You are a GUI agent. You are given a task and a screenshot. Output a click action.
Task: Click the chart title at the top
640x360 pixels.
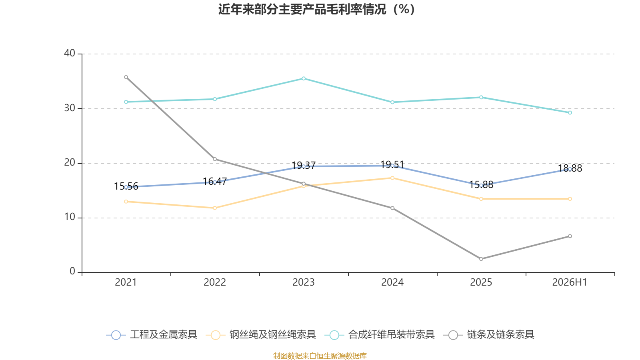pyautogui.click(x=316, y=10)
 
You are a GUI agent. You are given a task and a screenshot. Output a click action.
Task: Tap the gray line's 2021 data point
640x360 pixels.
pyautogui.click(x=126, y=77)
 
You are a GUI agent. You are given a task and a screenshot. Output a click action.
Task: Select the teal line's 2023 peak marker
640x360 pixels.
pyautogui.click(x=304, y=78)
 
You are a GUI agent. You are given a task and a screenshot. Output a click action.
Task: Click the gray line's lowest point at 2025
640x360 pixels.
pyautogui.click(x=481, y=259)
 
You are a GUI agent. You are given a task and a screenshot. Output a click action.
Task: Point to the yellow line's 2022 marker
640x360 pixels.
pyautogui.click(x=215, y=208)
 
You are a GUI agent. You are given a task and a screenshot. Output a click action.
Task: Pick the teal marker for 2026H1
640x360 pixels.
pyautogui.click(x=570, y=113)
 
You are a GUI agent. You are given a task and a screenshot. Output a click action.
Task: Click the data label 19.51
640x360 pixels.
pyautogui.click(x=392, y=165)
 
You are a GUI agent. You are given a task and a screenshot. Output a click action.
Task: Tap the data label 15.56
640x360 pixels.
pyautogui.click(x=126, y=186)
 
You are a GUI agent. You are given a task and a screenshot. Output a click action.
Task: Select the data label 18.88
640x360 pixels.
pyautogui.click(x=570, y=168)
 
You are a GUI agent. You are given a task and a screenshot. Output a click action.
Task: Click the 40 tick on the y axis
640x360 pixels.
pyautogui.click(x=70, y=53)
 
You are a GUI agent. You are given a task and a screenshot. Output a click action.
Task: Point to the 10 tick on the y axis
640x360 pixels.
pyautogui.click(x=70, y=217)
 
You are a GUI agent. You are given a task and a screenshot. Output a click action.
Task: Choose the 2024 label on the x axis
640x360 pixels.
pyautogui.click(x=392, y=282)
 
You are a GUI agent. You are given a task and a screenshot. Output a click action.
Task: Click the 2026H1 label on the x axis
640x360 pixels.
pyautogui.click(x=570, y=282)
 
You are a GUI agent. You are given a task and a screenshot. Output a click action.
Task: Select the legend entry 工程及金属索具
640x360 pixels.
pyautogui.click(x=152, y=334)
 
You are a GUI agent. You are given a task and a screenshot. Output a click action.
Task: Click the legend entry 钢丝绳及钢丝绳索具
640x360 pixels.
pyautogui.click(x=261, y=334)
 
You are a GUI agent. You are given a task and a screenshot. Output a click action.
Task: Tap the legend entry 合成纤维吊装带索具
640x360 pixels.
pyautogui.click(x=380, y=334)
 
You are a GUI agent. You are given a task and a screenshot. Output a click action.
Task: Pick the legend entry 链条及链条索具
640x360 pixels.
pyautogui.click(x=489, y=334)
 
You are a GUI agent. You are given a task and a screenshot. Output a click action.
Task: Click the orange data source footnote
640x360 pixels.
pyautogui.click(x=320, y=356)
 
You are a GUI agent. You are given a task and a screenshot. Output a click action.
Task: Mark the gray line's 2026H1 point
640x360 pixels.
pyautogui.click(x=570, y=236)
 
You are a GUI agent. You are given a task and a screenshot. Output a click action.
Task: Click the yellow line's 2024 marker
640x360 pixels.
pyautogui.click(x=392, y=178)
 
